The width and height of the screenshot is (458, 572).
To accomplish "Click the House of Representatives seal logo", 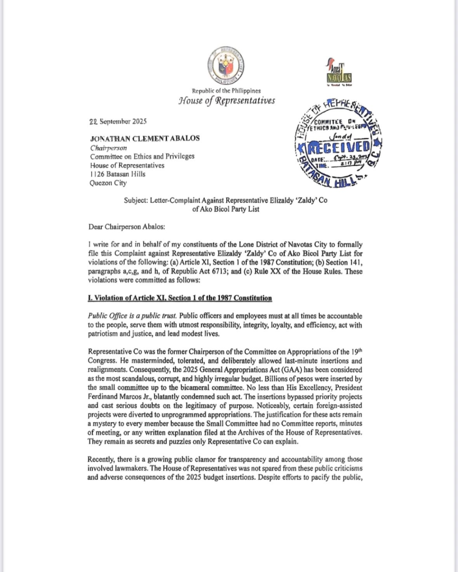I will (x=226, y=66).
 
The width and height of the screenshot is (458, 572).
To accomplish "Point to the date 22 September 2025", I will (x=118, y=121).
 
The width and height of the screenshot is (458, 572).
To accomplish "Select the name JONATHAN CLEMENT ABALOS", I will (x=145, y=138).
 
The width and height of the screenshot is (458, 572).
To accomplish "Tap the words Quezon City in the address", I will (x=108, y=183).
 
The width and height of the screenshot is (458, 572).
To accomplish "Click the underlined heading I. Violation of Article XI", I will (x=180, y=298).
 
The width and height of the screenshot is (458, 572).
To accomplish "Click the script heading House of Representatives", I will (x=226, y=101).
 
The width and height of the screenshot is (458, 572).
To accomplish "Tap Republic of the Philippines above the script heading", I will (x=226, y=91).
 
